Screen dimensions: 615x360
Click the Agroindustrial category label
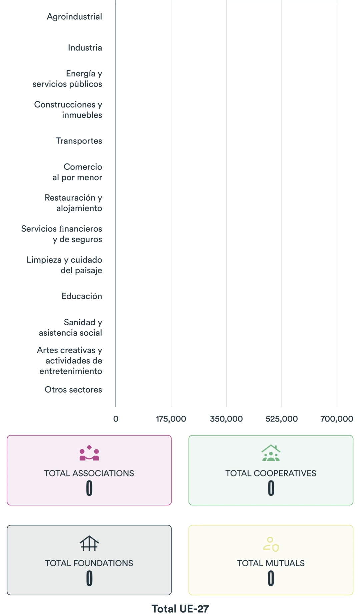(x=74, y=17)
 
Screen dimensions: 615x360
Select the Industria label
(x=85, y=48)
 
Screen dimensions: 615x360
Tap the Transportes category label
(x=79, y=141)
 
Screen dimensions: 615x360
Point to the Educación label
(x=82, y=296)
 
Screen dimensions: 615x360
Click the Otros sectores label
(x=73, y=389)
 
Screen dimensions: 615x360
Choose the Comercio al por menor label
(x=77, y=172)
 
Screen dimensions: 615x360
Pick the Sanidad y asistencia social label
(x=71, y=327)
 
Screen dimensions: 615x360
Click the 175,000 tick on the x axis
(x=171, y=419)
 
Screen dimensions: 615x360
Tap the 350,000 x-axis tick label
(x=226, y=419)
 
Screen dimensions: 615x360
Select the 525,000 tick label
(x=282, y=419)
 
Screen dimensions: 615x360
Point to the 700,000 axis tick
(x=337, y=419)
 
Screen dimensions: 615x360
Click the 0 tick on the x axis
(x=116, y=419)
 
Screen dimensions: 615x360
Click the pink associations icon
(x=89, y=453)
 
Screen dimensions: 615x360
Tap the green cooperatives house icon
(x=271, y=453)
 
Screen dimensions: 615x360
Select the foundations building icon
(x=89, y=543)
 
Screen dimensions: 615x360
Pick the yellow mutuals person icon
(x=271, y=544)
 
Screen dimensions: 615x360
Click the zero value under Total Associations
(x=89, y=488)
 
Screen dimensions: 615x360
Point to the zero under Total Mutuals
(x=271, y=578)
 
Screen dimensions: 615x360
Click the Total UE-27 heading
(x=180, y=609)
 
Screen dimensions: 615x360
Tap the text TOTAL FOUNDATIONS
(x=89, y=563)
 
